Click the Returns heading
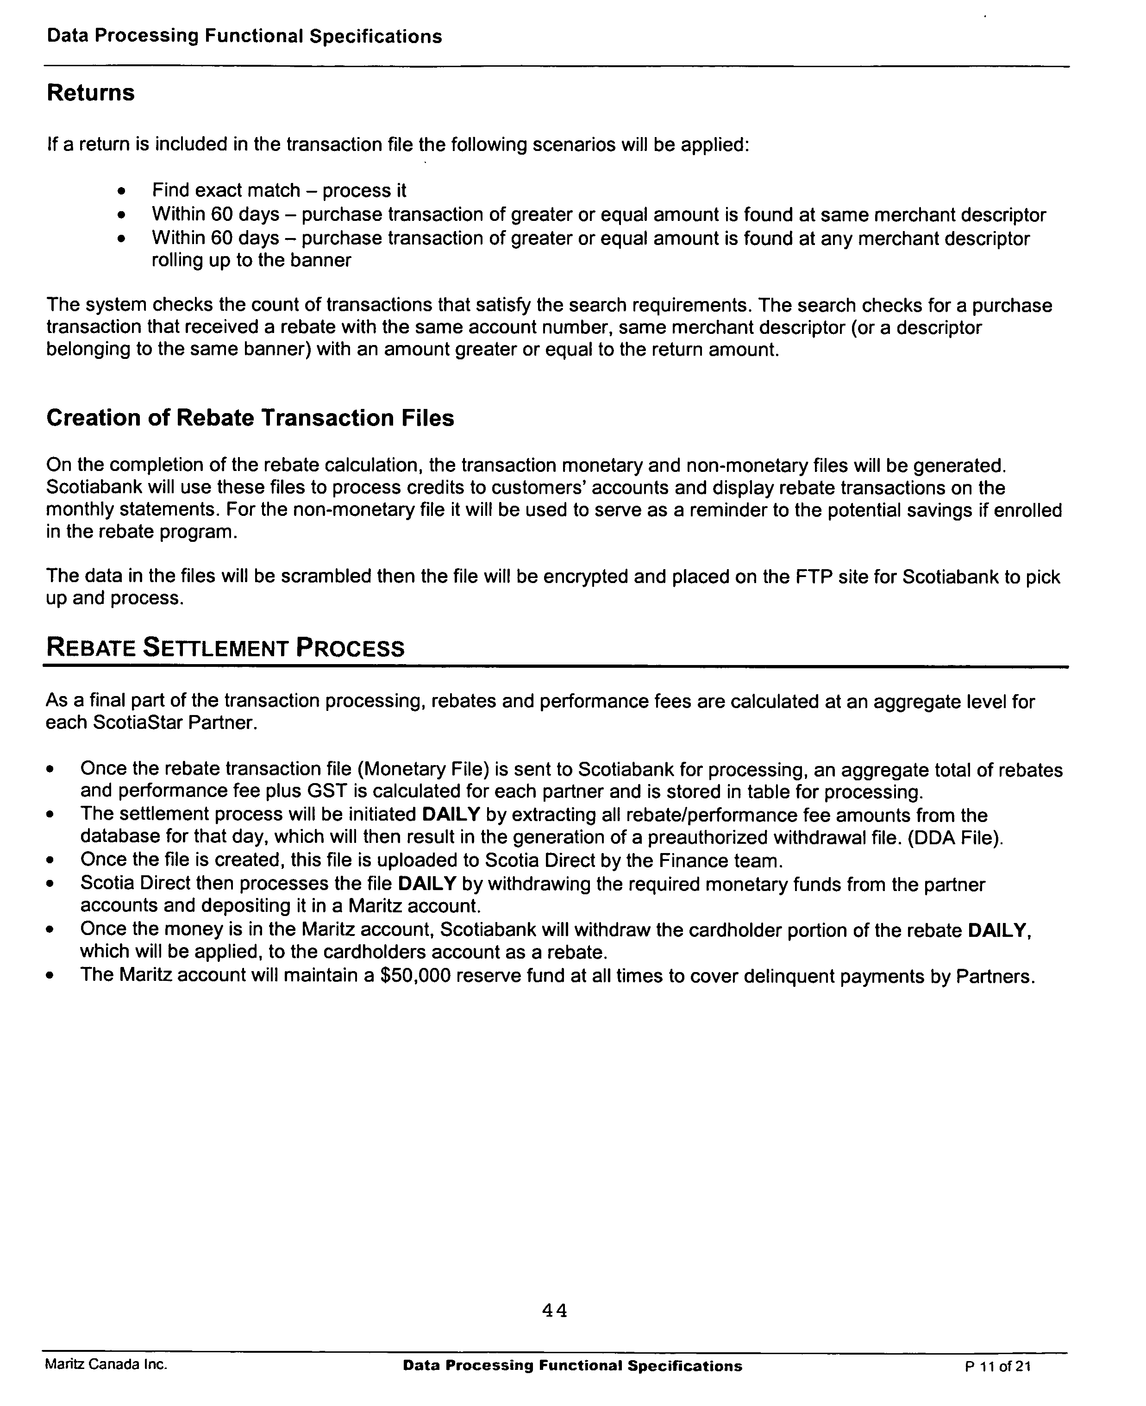click(90, 93)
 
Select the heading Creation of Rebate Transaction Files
click(250, 418)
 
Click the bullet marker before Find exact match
click(120, 191)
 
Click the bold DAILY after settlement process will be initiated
click(450, 815)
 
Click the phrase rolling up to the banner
click(251, 260)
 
